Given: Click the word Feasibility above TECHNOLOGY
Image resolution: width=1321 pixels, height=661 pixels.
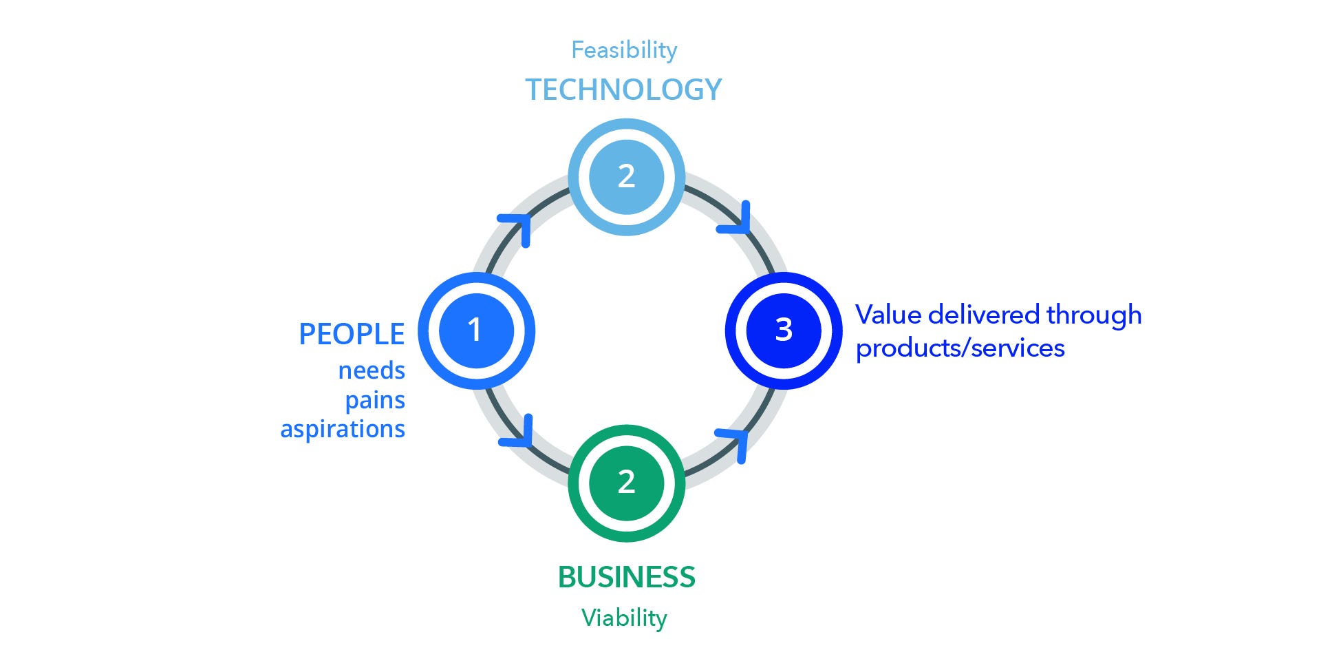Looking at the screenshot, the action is point(624,50).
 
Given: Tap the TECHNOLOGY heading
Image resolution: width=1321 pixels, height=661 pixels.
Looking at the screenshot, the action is point(624,90).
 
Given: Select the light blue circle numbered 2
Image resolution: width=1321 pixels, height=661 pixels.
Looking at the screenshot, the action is point(626,177).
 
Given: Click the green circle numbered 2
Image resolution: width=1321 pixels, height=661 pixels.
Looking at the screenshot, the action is point(626,483).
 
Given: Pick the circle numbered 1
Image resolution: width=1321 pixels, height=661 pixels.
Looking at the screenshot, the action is point(476,330).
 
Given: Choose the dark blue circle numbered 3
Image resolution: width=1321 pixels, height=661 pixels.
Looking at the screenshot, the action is point(784,330).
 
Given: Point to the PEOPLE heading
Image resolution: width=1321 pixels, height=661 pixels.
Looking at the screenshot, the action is point(352,334).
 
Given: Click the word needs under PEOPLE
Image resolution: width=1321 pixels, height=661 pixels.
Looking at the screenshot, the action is point(372,370).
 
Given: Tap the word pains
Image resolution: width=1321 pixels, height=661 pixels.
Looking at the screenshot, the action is point(375,400).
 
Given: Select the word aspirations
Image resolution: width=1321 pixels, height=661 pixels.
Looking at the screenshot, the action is point(343,429).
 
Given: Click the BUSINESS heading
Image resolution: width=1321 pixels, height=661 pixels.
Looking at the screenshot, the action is point(626,577).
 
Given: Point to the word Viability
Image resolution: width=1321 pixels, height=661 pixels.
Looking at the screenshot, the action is point(624,618).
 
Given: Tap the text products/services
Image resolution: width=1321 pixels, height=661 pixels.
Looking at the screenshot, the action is point(960,348).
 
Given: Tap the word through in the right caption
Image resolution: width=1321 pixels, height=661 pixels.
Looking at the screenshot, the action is point(1094,315).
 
